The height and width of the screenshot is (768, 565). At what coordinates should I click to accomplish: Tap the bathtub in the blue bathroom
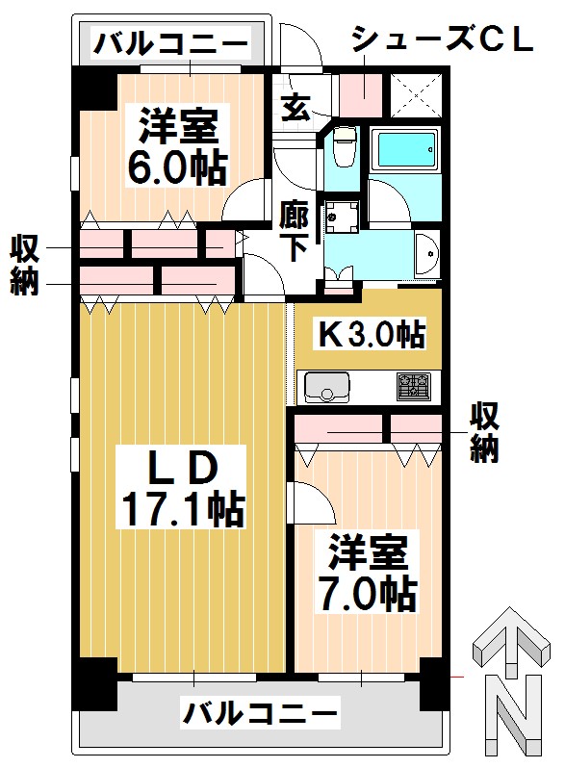[404, 149]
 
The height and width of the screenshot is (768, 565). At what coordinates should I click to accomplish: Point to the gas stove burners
[416, 387]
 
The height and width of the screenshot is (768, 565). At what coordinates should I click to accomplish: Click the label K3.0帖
[372, 335]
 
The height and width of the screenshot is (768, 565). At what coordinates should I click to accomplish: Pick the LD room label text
[179, 467]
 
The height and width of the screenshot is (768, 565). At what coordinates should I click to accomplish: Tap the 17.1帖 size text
[180, 507]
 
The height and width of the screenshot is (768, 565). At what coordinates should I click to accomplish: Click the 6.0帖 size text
[178, 167]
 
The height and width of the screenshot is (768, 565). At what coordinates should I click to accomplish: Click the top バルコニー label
[170, 43]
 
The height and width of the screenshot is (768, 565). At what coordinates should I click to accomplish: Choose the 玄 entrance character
[295, 105]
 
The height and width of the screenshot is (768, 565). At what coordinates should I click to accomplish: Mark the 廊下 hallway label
[294, 231]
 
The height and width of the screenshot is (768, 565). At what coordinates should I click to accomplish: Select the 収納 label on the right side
[484, 432]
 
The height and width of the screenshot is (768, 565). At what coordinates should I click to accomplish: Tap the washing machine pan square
[341, 217]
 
